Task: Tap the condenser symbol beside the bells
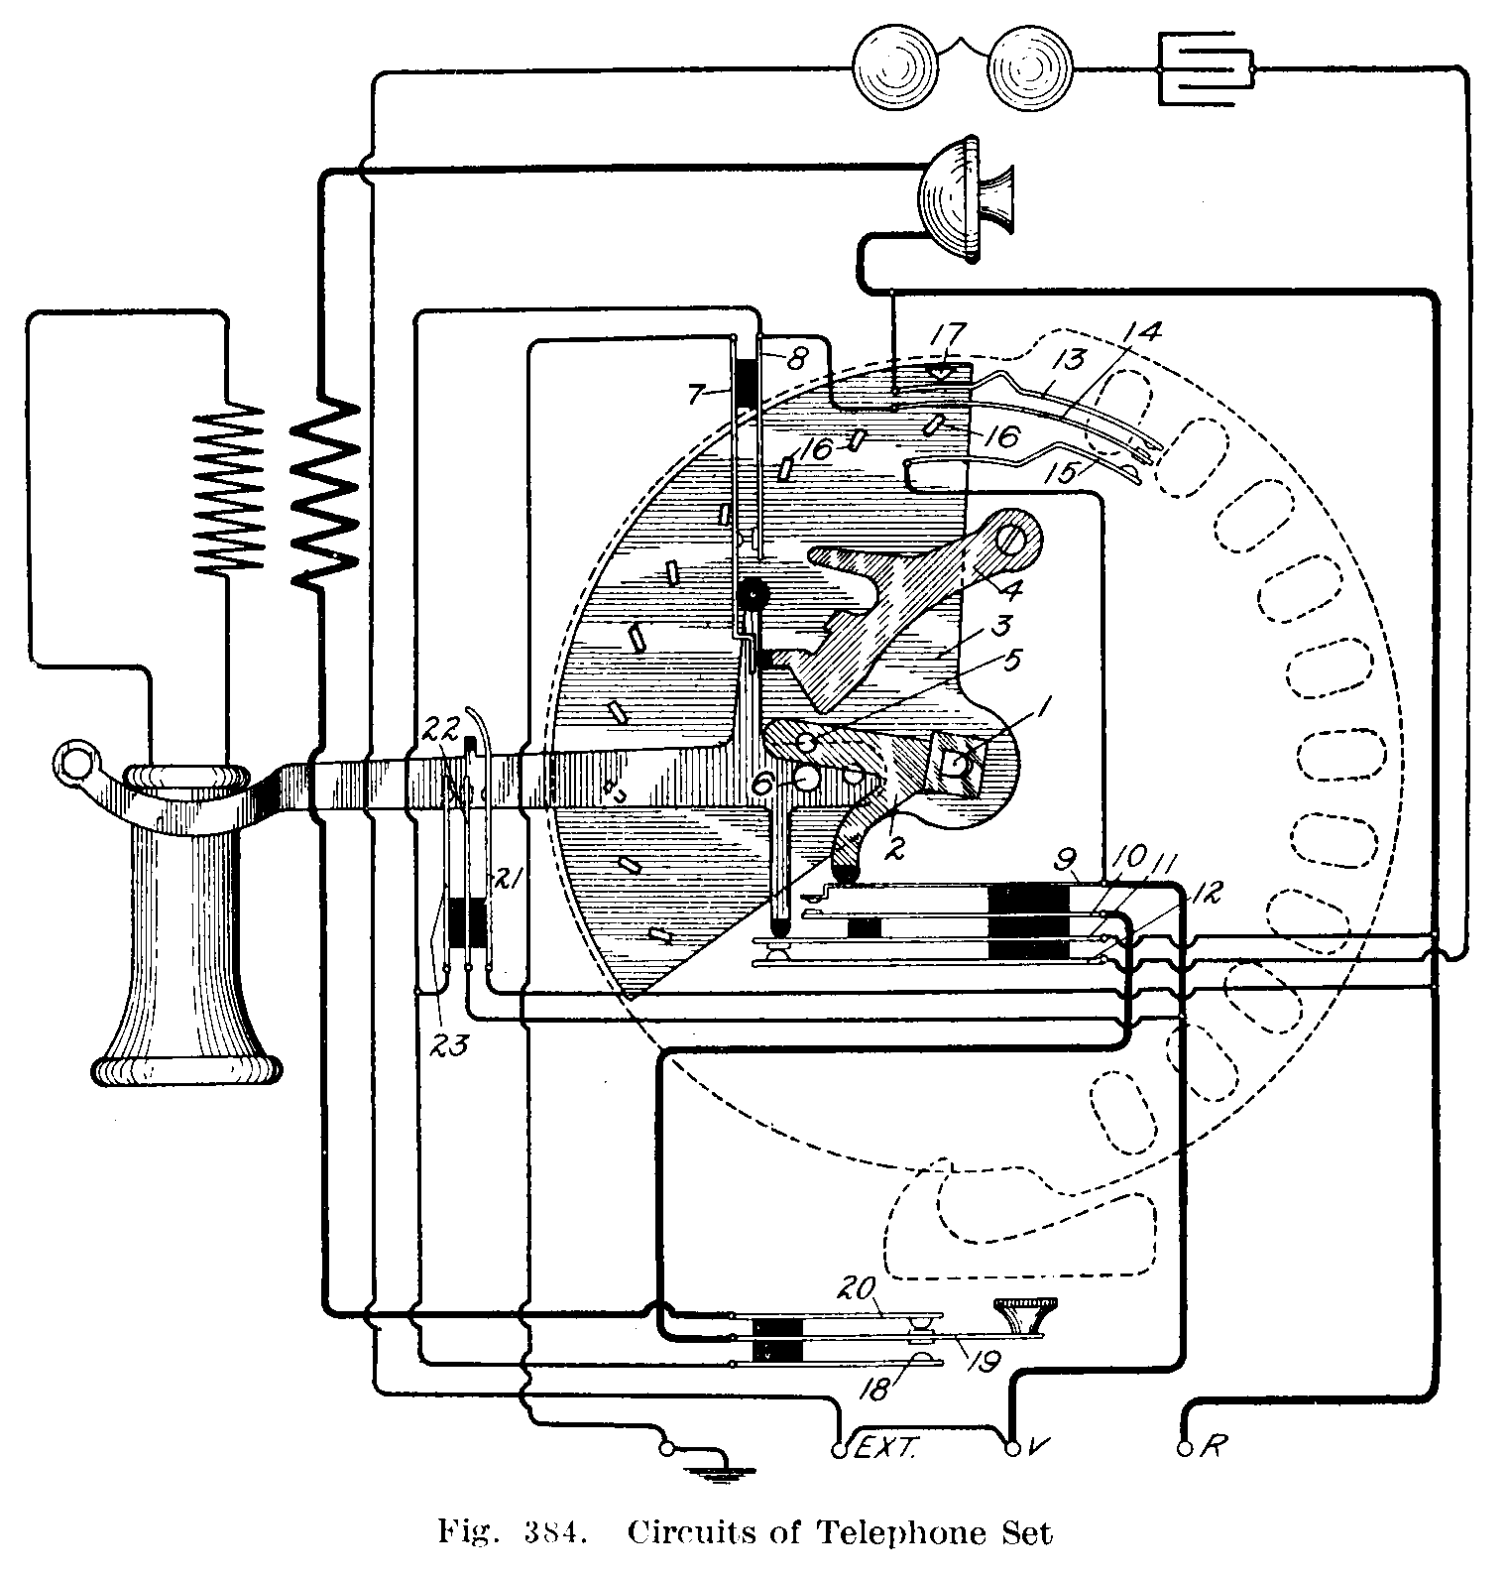click(x=1206, y=71)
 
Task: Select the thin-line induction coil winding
click(x=230, y=487)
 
